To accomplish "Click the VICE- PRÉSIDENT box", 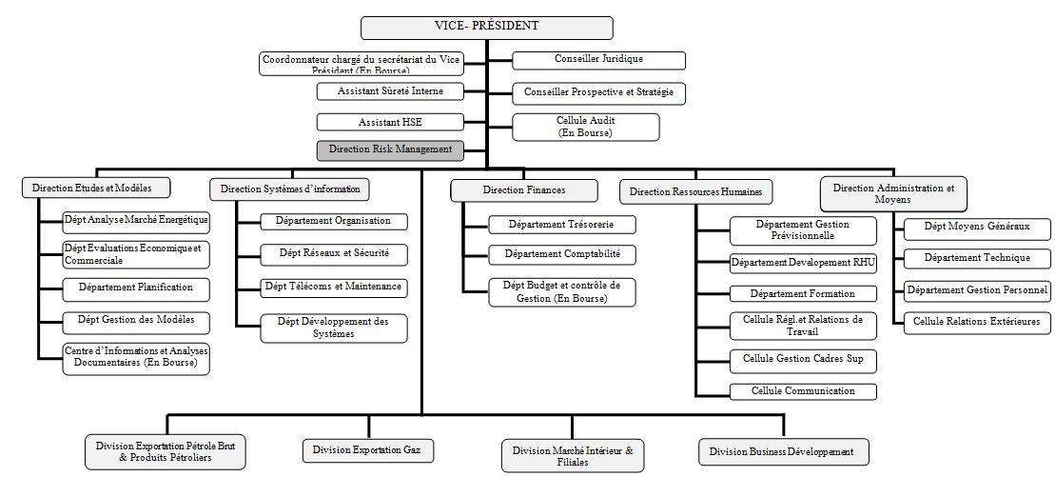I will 486,28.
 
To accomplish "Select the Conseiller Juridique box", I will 598,60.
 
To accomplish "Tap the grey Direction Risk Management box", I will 390,149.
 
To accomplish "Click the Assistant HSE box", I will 390,122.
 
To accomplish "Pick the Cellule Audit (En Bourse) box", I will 586,127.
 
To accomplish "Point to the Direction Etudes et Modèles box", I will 92,188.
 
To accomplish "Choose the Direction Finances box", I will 524,190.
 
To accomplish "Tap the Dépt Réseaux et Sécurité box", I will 334,254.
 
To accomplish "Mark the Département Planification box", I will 136,288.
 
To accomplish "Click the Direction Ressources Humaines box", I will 696,191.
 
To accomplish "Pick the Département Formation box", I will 802,293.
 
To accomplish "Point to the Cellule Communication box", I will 802,391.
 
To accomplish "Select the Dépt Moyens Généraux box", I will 976,228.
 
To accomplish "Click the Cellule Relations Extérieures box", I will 976,322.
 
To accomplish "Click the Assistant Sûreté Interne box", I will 390,91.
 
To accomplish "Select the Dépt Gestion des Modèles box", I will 136,319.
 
